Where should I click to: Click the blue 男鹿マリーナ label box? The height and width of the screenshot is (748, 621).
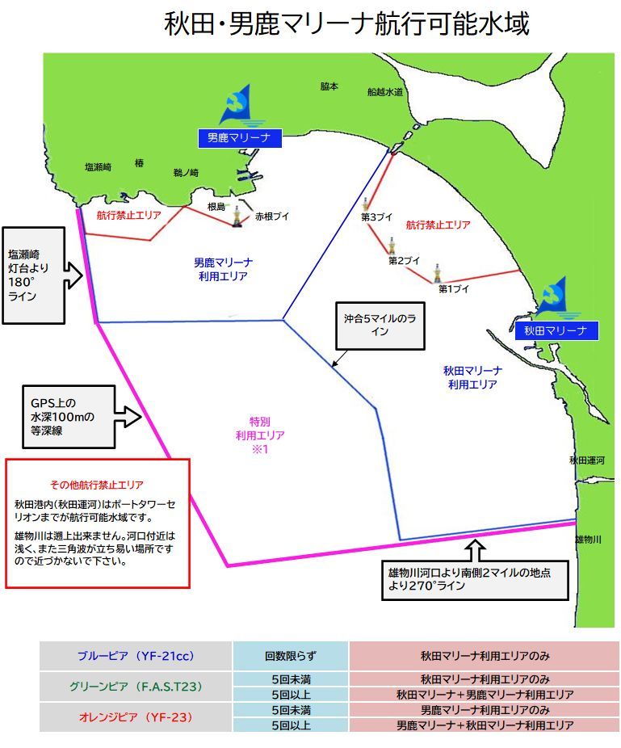240,138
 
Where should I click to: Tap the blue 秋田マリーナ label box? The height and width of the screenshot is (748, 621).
555,330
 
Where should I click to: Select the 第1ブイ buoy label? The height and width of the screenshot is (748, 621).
453,288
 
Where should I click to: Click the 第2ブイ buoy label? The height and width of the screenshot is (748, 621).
404,260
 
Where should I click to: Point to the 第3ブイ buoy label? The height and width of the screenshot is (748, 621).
377,217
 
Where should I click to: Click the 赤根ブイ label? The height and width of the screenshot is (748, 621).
271,216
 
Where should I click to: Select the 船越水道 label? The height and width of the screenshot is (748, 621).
384,92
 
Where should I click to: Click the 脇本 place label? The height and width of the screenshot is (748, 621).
329,86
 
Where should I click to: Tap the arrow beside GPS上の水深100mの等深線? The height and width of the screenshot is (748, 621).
128,416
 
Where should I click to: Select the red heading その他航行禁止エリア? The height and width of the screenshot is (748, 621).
97,485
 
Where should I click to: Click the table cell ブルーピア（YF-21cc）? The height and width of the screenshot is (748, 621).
136,656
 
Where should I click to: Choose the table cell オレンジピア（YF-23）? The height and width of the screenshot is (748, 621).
136,717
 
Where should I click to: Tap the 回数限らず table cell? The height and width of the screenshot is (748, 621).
291,656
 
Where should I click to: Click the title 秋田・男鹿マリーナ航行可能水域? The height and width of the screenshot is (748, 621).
346,23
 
